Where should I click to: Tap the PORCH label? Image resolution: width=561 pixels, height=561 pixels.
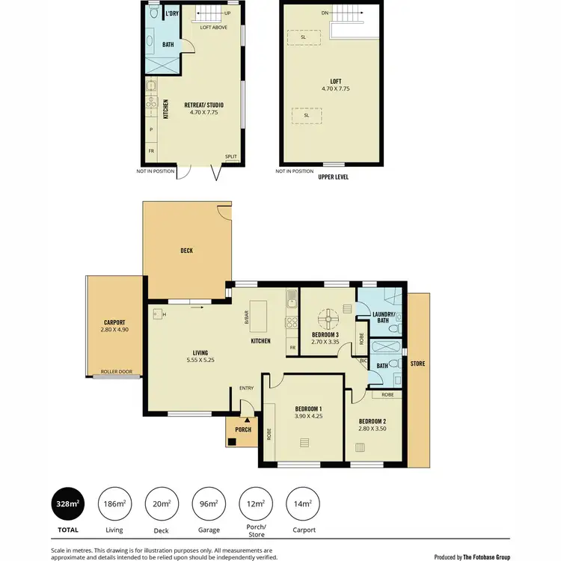[242, 429]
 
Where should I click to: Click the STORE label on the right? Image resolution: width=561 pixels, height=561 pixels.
[418, 364]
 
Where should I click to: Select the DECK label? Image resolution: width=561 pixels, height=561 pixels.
[186, 251]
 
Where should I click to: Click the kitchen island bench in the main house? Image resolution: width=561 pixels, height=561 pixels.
[260, 318]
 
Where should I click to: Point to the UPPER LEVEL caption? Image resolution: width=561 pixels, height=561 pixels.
[333, 177]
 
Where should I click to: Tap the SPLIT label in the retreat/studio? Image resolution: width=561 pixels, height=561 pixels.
[230, 156]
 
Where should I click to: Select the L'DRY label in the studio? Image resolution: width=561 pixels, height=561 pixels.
[171, 13]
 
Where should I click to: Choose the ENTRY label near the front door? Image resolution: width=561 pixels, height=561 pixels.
[246, 388]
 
